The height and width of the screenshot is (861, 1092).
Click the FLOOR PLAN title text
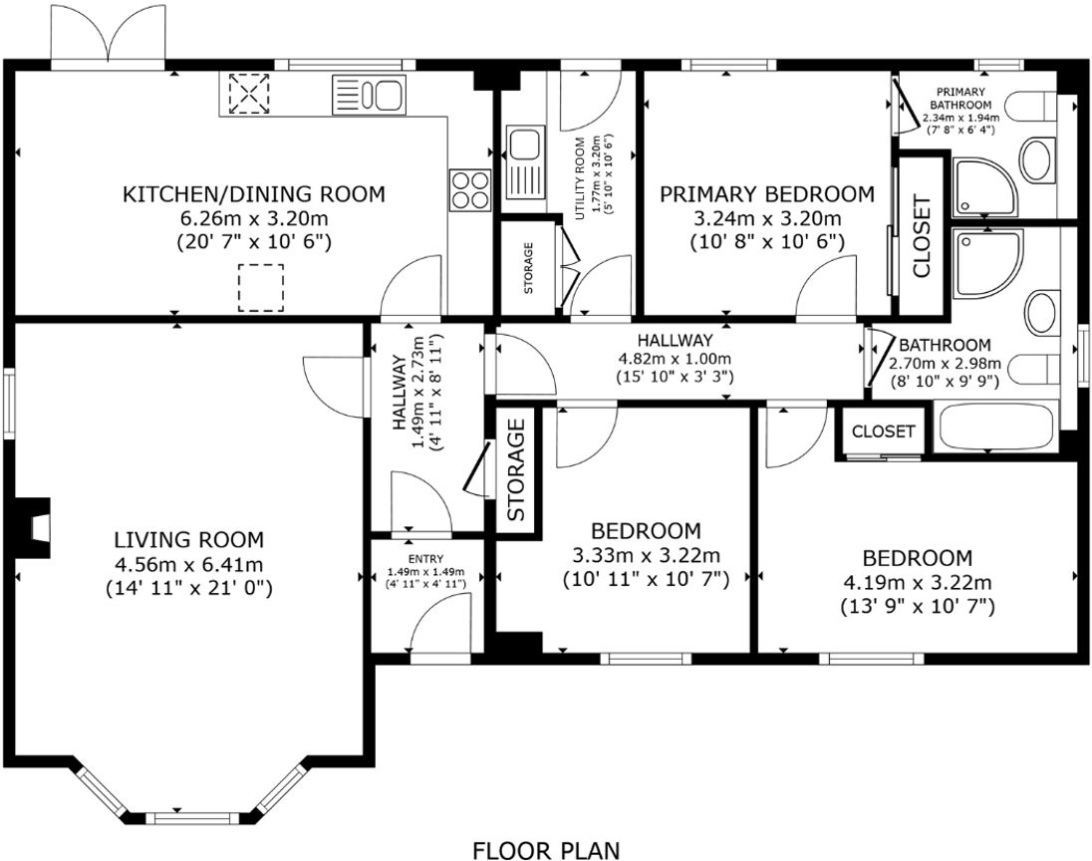click(545, 849)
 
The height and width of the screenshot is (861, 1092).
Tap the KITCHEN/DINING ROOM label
click(253, 194)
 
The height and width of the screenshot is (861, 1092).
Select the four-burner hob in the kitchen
click(469, 190)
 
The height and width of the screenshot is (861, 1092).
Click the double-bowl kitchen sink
click(369, 96)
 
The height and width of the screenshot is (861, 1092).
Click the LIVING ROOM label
click(188, 540)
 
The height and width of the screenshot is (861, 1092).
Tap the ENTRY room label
click(425, 558)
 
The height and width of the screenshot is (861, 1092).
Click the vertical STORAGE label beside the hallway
click(516, 470)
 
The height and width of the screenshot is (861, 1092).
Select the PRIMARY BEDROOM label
click(767, 194)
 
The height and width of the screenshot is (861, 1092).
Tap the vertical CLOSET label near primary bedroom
click(922, 236)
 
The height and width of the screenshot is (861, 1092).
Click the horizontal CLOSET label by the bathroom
click(884, 431)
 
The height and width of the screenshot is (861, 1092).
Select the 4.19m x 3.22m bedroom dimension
click(917, 582)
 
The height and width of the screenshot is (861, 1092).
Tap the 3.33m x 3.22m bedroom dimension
click(646, 555)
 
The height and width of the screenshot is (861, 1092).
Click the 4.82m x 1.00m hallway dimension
click(676, 359)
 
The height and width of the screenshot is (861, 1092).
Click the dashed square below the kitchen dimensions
click(260, 287)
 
